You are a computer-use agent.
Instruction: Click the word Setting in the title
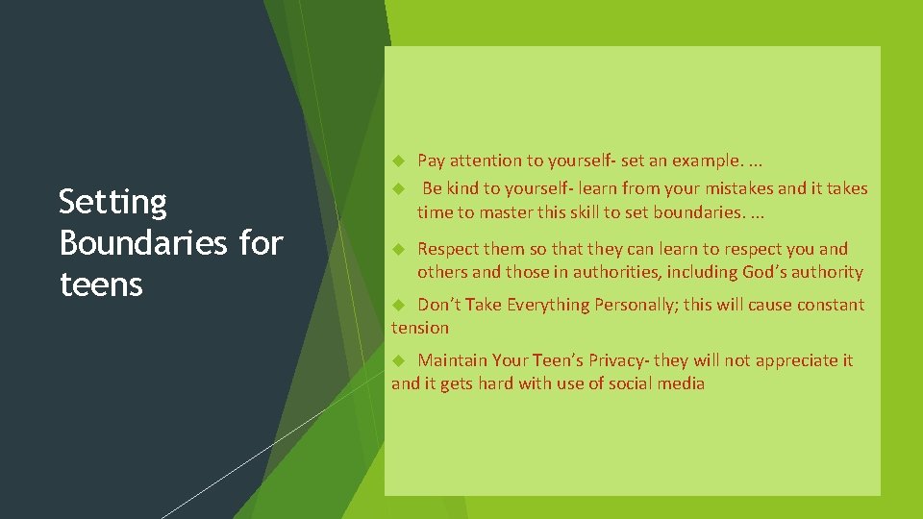coord(112,203)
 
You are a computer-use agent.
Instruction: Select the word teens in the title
coord(100,284)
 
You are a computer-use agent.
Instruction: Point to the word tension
coord(420,328)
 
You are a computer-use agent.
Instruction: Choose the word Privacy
coord(615,360)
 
